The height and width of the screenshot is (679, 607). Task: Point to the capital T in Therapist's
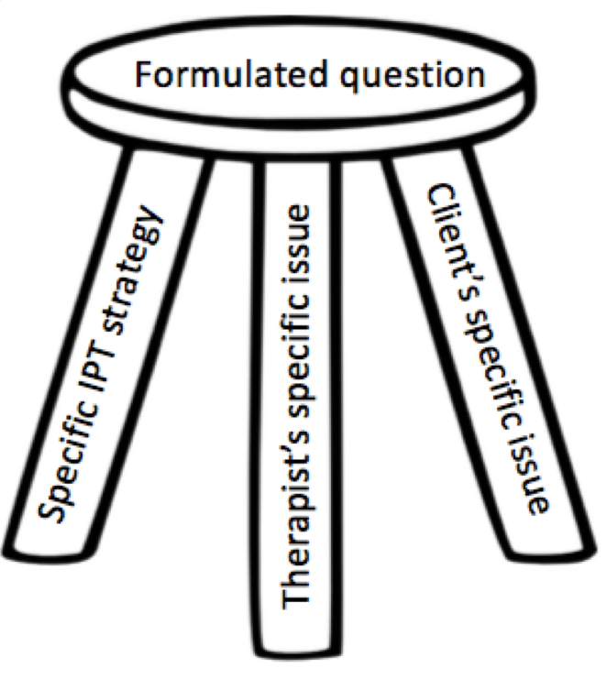click(x=299, y=596)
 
